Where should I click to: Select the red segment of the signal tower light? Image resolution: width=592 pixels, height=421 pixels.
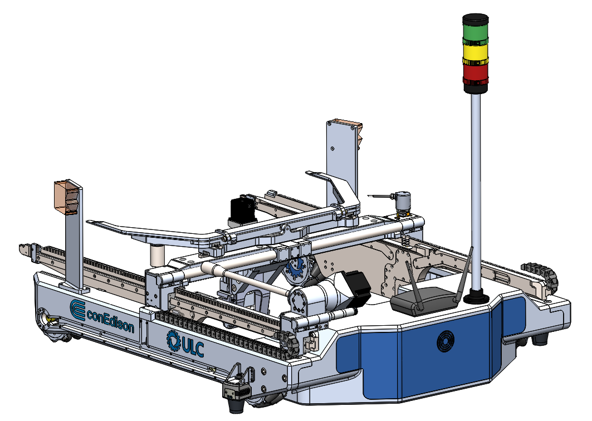(476, 75)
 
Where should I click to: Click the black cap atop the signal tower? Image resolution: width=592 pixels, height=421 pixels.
(476, 19)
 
